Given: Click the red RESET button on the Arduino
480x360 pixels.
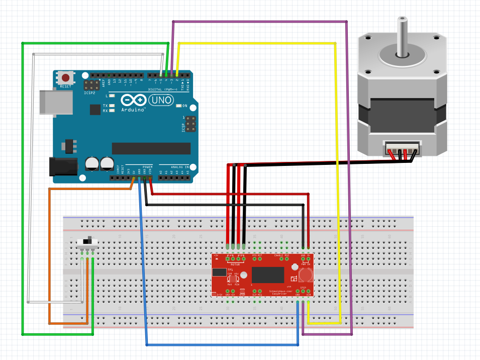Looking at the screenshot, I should point(65,78).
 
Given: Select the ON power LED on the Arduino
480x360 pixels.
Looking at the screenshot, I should point(179,106).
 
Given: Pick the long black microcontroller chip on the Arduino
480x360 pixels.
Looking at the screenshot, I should point(151,148).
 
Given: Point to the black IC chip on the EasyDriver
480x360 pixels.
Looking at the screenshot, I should point(268,275).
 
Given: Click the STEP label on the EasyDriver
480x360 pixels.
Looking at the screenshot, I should point(304,288).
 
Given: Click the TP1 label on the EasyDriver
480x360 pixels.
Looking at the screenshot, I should point(230,269).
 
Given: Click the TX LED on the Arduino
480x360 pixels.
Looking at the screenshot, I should point(111,106).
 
